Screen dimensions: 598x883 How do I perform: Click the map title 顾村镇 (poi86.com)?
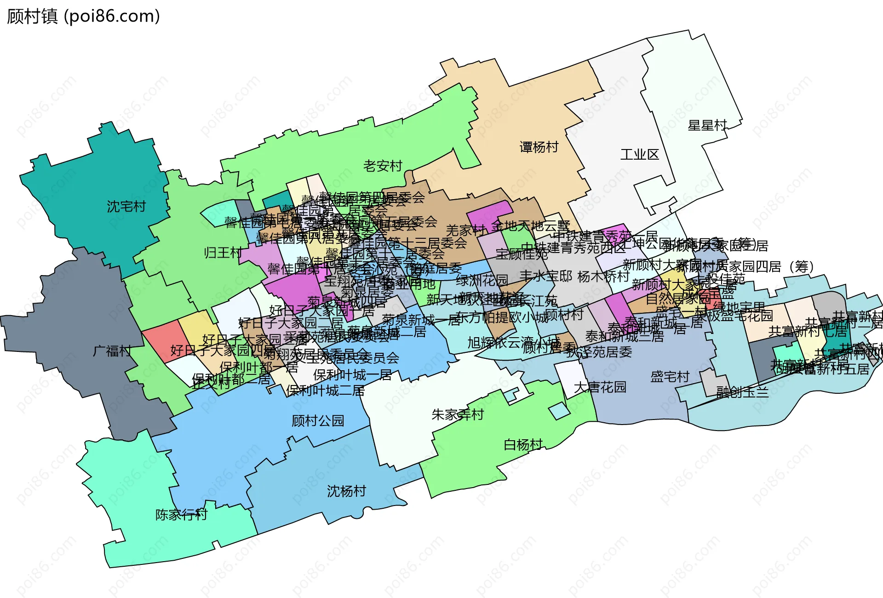coord(83,17)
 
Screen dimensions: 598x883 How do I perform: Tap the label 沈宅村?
coord(126,207)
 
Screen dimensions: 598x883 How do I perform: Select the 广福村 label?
coord(112,351)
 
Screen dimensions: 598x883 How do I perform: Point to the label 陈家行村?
coord(181,515)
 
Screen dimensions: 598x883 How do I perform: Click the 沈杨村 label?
coord(346,491)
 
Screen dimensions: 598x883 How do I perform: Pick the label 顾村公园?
coord(318,421)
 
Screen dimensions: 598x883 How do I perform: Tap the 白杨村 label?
coord(523,445)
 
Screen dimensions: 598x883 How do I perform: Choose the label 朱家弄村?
coord(458,415)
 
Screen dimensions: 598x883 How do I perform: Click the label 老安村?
coord(383,166)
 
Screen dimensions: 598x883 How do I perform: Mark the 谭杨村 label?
coord(539,147)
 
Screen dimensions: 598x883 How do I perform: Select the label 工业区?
coord(640,155)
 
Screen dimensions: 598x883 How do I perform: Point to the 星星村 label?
coord(707,126)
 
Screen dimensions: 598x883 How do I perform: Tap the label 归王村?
coord(223,253)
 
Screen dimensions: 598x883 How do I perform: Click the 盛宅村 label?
coord(670,377)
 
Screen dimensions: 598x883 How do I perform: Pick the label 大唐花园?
coord(600,387)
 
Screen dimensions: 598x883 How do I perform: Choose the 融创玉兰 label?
coord(742,392)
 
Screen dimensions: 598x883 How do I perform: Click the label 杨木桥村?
coord(603,276)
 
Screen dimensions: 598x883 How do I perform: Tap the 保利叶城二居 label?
coord(325,391)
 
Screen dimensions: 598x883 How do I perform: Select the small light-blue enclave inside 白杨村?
coord(559,410)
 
